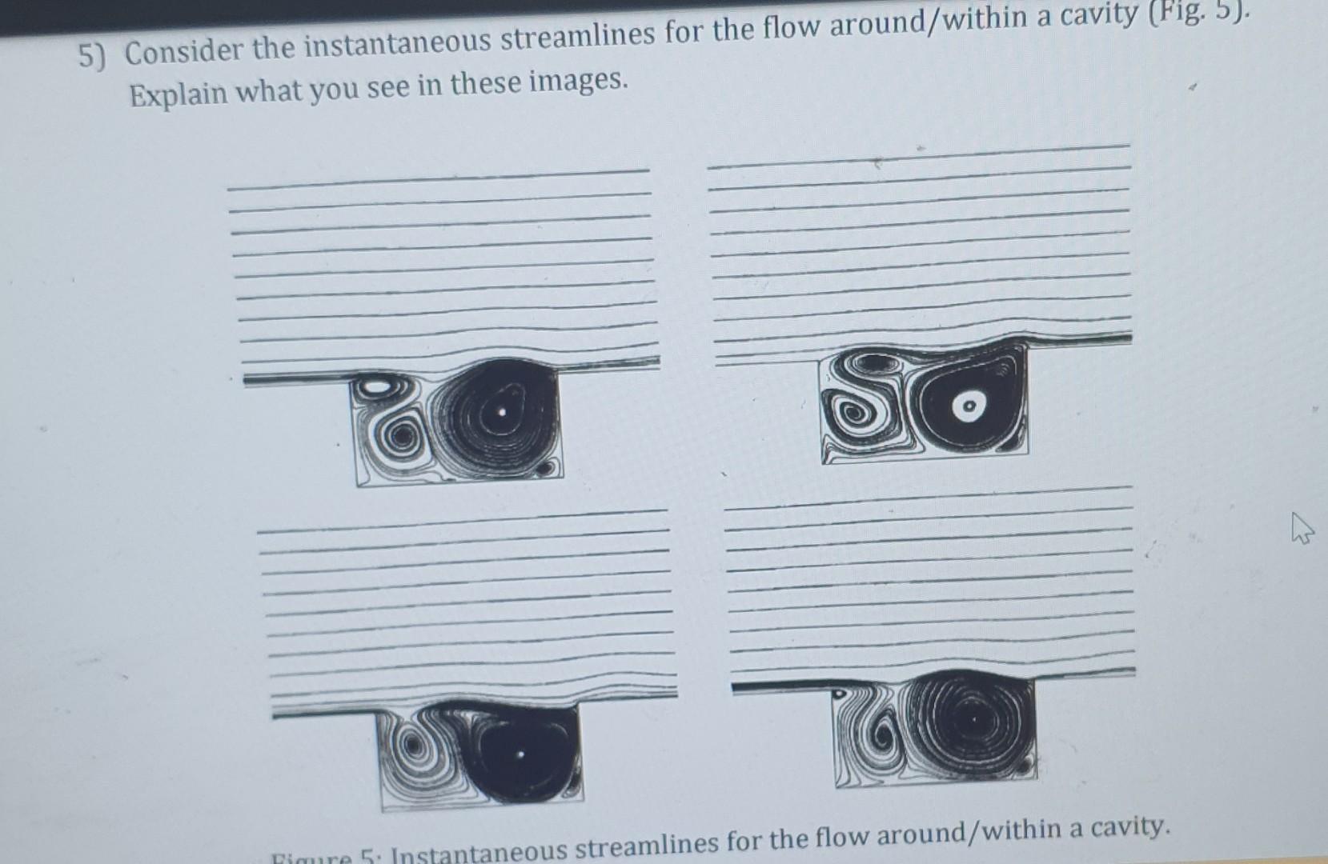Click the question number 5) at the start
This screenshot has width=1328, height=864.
(x=93, y=55)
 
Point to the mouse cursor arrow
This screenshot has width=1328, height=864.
(x=1302, y=529)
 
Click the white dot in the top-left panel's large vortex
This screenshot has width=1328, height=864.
(x=502, y=413)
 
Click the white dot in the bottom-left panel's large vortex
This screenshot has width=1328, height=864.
(x=522, y=754)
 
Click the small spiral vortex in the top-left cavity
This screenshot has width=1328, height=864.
(x=402, y=437)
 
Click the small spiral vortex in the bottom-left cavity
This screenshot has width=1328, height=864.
(x=414, y=746)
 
